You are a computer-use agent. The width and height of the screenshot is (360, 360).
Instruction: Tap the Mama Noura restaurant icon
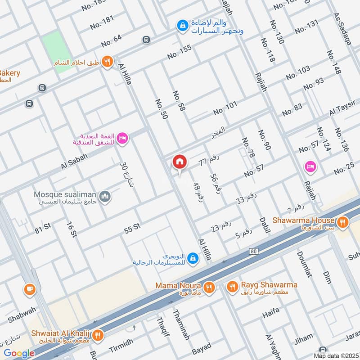tap(208, 287)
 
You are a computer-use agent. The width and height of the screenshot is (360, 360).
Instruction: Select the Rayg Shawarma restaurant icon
tap(232, 286)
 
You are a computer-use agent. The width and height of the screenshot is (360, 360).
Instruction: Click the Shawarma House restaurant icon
tap(343, 221)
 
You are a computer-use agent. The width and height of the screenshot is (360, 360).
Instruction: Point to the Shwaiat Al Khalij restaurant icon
tap(98, 335)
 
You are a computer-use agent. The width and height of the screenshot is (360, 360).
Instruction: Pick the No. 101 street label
tap(225, 108)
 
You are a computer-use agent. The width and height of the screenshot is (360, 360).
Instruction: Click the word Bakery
tap(9, 73)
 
